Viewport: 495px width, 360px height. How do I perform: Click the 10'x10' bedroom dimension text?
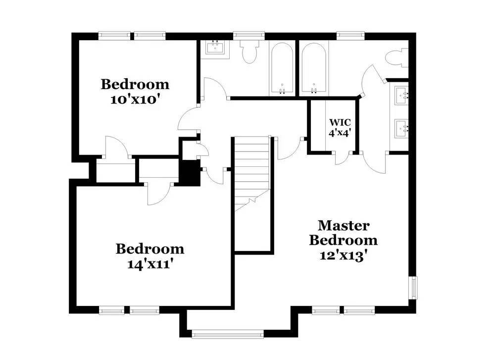point(135,99)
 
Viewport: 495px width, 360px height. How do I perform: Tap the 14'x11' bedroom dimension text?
point(149,264)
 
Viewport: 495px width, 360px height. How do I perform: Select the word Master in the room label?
point(343,226)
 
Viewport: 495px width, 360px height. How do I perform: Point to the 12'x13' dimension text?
point(343,256)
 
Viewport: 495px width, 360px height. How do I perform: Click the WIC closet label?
point(341,122)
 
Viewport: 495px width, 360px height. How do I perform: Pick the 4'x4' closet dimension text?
point(341,132)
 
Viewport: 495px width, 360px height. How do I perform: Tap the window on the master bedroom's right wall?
point(413,287)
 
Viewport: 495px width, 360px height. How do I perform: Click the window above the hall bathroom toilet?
point(249,36)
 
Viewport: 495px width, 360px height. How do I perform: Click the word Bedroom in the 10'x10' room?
point(135,84)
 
